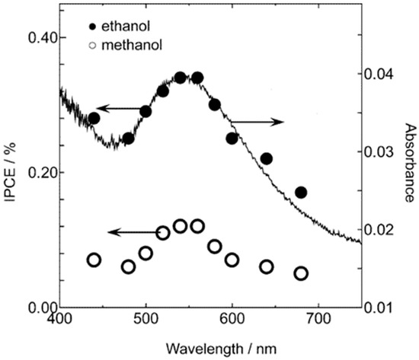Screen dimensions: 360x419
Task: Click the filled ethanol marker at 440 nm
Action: click(94, 118)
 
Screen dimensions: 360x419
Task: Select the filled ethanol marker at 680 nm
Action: click(301, 193)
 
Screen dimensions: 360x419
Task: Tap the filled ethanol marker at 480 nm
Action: click(128, 139)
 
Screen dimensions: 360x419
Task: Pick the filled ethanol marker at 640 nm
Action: click(267, 158)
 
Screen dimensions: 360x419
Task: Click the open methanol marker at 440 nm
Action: click(94, 260)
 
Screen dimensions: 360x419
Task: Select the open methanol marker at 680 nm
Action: click(301, 273)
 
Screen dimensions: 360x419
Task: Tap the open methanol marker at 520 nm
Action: click(163, 233)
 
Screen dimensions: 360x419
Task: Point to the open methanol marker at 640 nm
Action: click(267, 266)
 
